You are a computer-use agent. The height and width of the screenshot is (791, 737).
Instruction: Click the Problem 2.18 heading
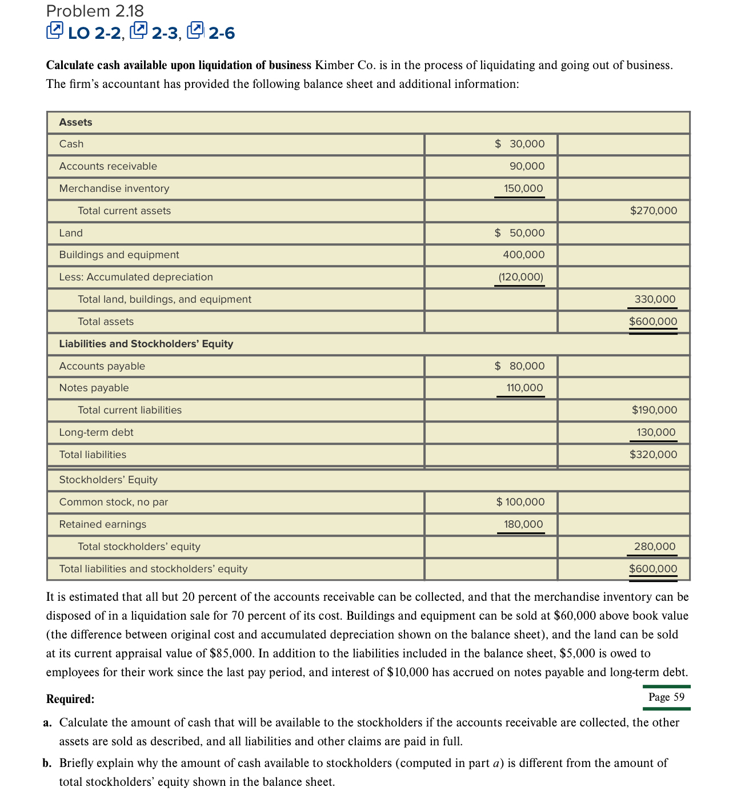pyautogui.click(x=95, y=11)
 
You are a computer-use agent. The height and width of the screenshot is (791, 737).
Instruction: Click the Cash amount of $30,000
pyautogui.click(x=520, y=144)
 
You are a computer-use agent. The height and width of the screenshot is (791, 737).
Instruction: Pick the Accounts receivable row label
pyautogui.click(x=108, y=166)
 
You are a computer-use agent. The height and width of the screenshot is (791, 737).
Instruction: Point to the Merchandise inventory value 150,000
pyautogui.click(x=523, y=188)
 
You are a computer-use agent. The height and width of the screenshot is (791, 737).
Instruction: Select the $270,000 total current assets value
pyautogui.click(x=653, y=211)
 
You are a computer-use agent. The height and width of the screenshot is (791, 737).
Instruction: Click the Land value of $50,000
pyautogui.click(x=520, y=233)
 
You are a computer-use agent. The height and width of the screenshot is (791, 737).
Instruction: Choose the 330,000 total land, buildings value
pyautogui.click(x=655, y=299)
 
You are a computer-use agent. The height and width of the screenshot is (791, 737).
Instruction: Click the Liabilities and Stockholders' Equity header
pyautogui.click(x=146, y=344)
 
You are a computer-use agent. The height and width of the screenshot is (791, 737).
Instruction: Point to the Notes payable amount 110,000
pyautogui.click(x=524, y=388)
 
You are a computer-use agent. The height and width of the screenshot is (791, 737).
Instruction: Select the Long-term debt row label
pyautogui.click(x=96, y=432)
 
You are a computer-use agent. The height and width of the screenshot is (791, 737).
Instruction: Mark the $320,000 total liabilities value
pyautogui.click(x=653, y=455)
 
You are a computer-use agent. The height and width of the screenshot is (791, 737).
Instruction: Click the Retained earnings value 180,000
pyautogui.click(x=523, y=524)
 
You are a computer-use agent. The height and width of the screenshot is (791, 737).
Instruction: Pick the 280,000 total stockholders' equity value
pyautogui.click(x=655, y=547)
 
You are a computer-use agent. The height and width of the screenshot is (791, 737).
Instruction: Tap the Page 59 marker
pyautogui.click(x=666, y=697)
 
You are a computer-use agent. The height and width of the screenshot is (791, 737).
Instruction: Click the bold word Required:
pyautogui.click(x=70, y=699)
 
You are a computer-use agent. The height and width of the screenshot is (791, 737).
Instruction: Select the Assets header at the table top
pyautogui.click(x=75, y=122)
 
